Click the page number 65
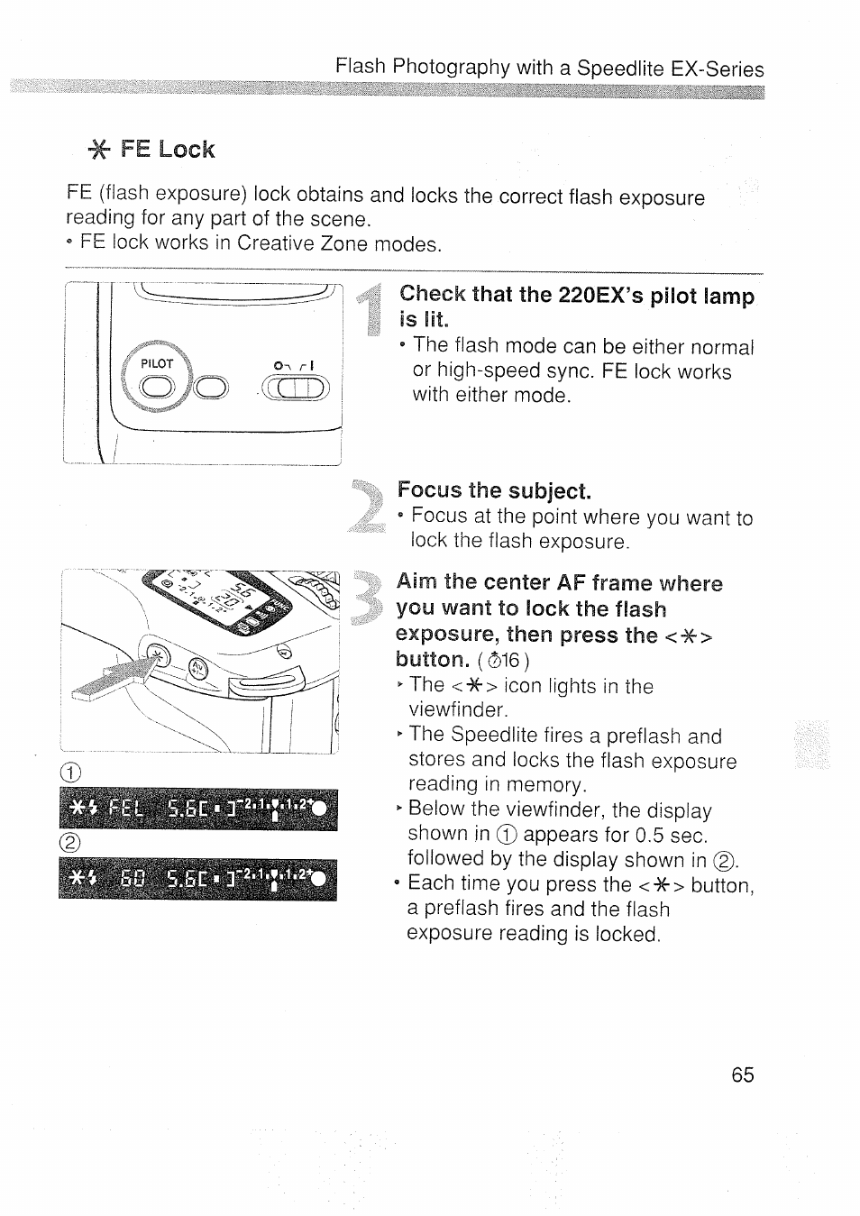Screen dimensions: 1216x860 pyautogui.click(x=743, y=1074)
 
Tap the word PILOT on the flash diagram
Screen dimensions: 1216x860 pyautogui.click(x=157, y=364)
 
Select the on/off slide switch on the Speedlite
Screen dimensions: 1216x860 pyautogui.click(x=295, y=389)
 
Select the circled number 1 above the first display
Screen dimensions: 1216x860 pyautogui.click(x=71, y=773)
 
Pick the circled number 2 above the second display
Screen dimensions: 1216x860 pyautogui.click(x=71, y=844)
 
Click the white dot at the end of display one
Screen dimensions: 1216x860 pyautogui.click(x=322, y=808)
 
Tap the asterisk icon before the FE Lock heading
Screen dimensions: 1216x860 pyautogui.click(x=98, y=151)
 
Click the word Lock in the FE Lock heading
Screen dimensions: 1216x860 pyautogui.click(x=187, y=150)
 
